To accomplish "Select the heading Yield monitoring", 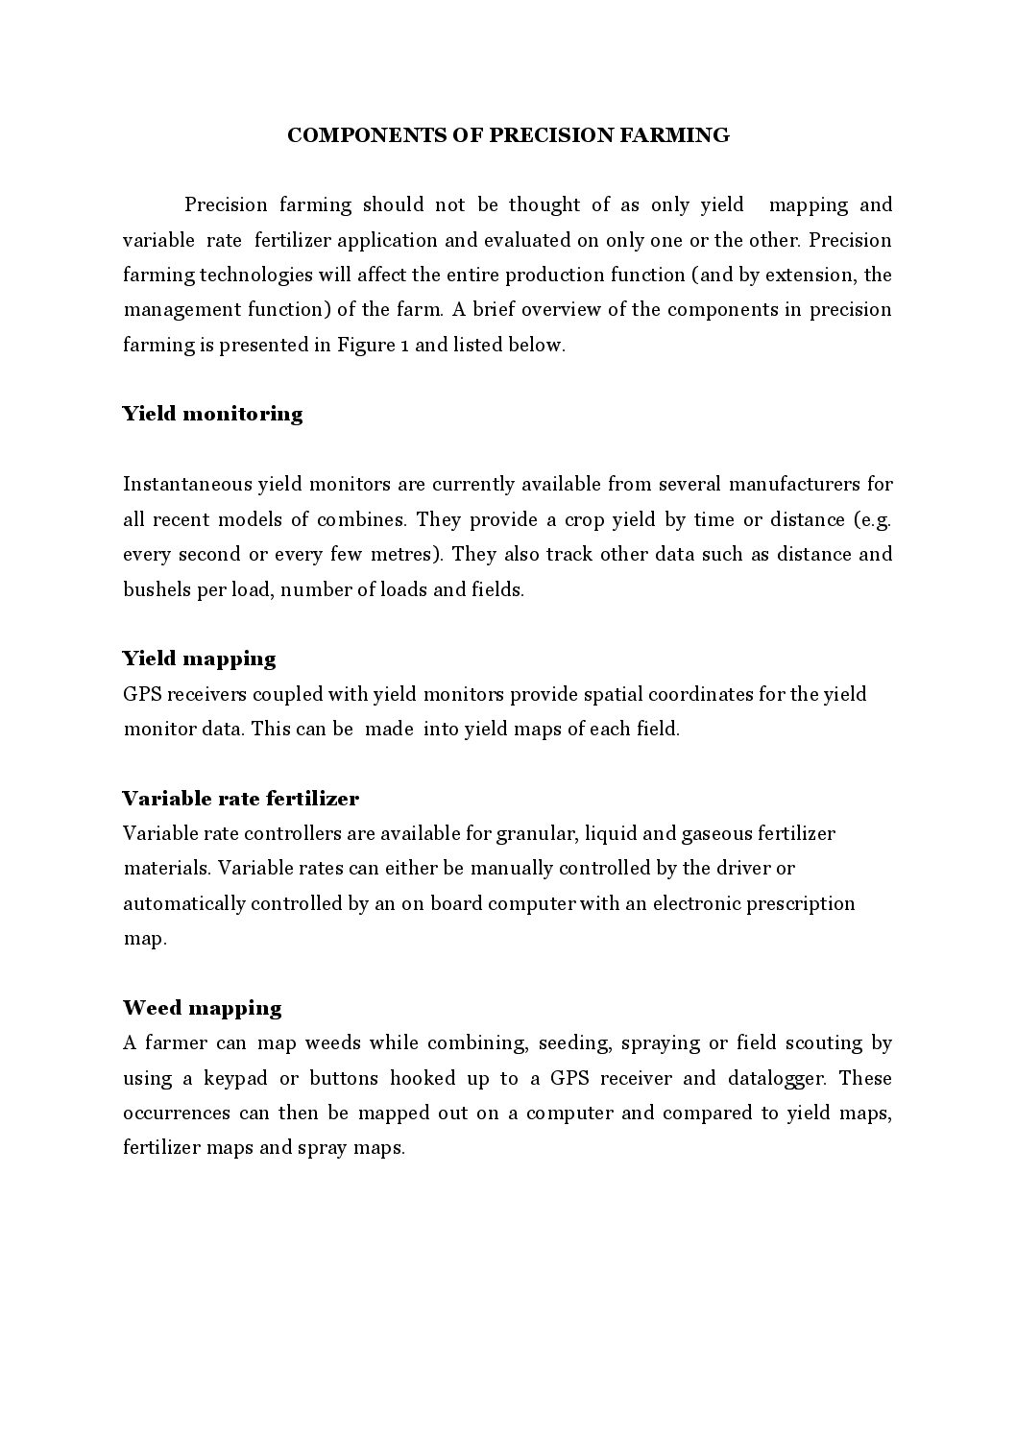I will click(212, 414).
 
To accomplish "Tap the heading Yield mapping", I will click(199, 659).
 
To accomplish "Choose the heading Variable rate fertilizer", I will click(240, 799).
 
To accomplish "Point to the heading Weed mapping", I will click(202, 1008).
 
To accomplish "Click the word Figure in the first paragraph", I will click(364, 345).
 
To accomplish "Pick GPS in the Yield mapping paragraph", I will click(143, 694).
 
